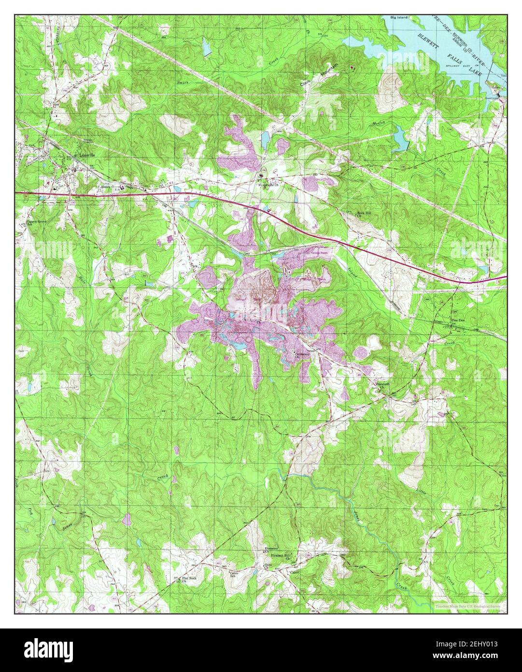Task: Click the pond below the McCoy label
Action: tap(400, 137)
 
